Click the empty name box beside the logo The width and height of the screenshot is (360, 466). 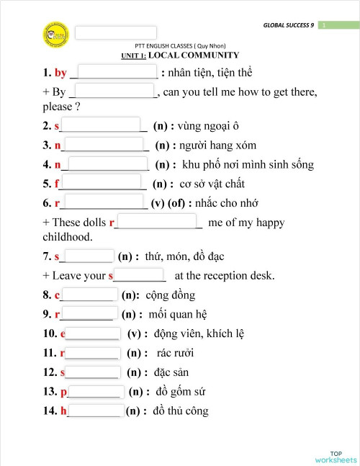point(116,32)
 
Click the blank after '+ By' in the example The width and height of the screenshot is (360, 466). point(114,91)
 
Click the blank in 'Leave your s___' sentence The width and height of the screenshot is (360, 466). point(139,275)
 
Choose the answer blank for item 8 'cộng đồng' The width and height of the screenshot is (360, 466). point(89,294)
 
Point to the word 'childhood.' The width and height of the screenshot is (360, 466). point(68,236)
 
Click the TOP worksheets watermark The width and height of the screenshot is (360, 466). point(336,455)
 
